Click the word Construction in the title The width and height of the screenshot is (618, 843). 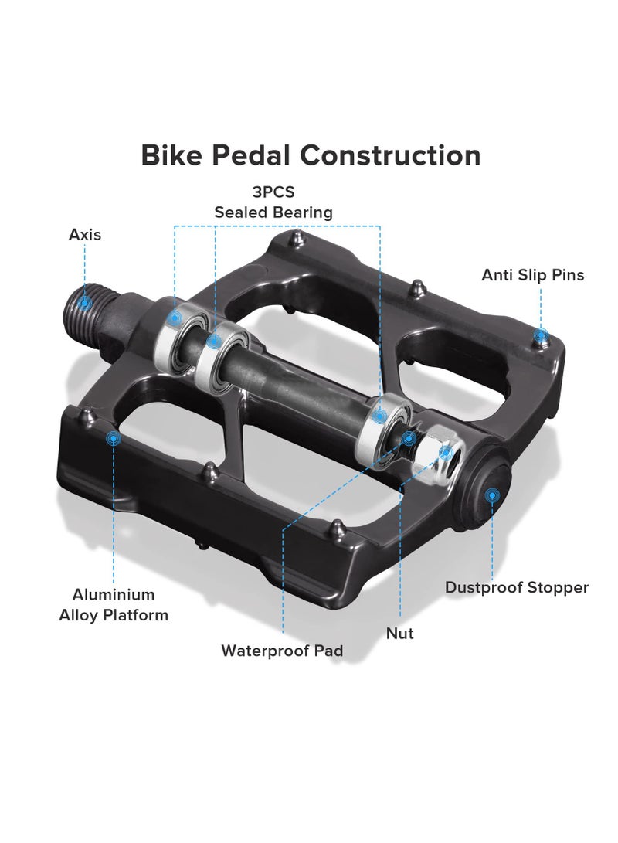tap(390, 155)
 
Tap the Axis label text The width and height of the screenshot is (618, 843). tap(85, 234)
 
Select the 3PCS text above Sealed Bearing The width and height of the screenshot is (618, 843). tap(273, 192)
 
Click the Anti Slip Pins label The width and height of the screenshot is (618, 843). tap(532, 275)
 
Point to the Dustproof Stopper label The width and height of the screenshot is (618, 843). tap(517, 587)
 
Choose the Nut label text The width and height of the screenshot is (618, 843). tap(400, 634)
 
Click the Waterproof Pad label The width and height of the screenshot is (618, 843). tap(282, 651)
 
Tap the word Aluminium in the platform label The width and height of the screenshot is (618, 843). tap(114, 595)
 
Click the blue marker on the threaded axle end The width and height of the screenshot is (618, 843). tap(84, 303)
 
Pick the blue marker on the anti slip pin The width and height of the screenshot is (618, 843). tap(541, 337)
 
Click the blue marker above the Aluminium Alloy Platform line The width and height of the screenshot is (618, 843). tap(114, 439)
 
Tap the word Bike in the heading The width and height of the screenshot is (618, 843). tap(171, 155)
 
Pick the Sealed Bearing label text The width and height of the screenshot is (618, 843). tap(273, 212)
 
